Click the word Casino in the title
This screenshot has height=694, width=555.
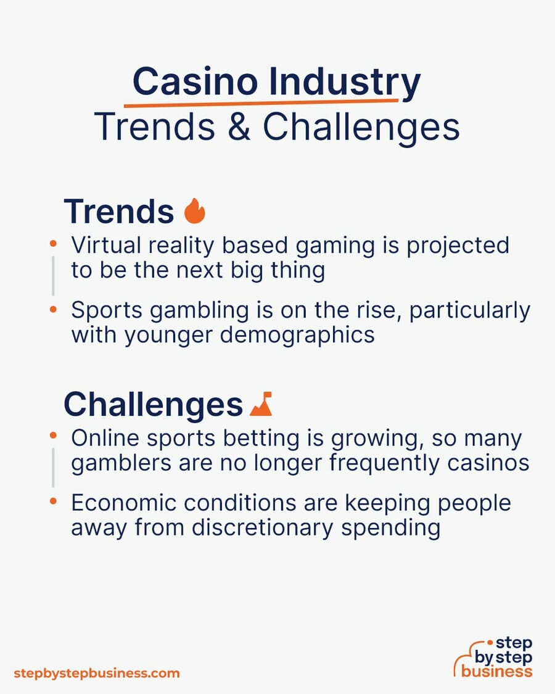coord(195,81)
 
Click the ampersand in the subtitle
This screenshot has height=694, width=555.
coord(239,126)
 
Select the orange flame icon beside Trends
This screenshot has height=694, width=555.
coord(195,211)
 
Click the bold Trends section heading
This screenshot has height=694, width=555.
coord(119,212)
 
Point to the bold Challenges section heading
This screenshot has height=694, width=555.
coord(153,405)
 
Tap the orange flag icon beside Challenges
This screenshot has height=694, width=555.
coord(261,403)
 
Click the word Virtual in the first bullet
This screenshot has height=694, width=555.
coord(105,245)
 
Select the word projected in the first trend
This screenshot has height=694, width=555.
coord(458,246)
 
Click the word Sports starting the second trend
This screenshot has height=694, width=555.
coord(107,310)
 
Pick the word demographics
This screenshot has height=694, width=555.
coord(297,335)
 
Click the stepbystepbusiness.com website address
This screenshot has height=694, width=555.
coord(97,674)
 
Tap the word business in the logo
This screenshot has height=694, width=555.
coord(496,671)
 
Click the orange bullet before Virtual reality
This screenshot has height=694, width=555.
coord(53,244)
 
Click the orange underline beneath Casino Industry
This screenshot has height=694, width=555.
coord(261,103)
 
